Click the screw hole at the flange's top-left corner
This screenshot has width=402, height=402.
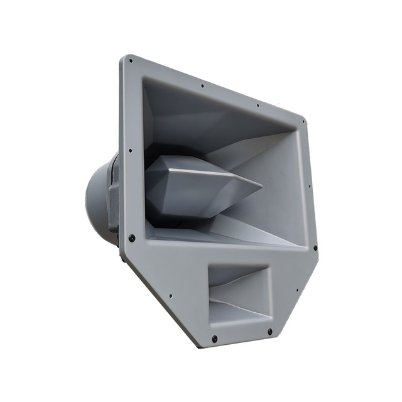130,62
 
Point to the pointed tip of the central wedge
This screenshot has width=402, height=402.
261,185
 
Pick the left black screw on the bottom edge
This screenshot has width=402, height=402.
214,339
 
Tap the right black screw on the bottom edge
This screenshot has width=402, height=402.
270,331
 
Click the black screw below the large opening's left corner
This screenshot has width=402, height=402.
132,238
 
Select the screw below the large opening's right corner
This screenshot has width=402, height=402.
315,247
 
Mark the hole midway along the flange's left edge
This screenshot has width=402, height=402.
129,151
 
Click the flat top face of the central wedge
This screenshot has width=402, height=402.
188,165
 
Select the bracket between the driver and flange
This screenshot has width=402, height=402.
113,201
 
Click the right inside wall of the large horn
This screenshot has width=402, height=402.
276,188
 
